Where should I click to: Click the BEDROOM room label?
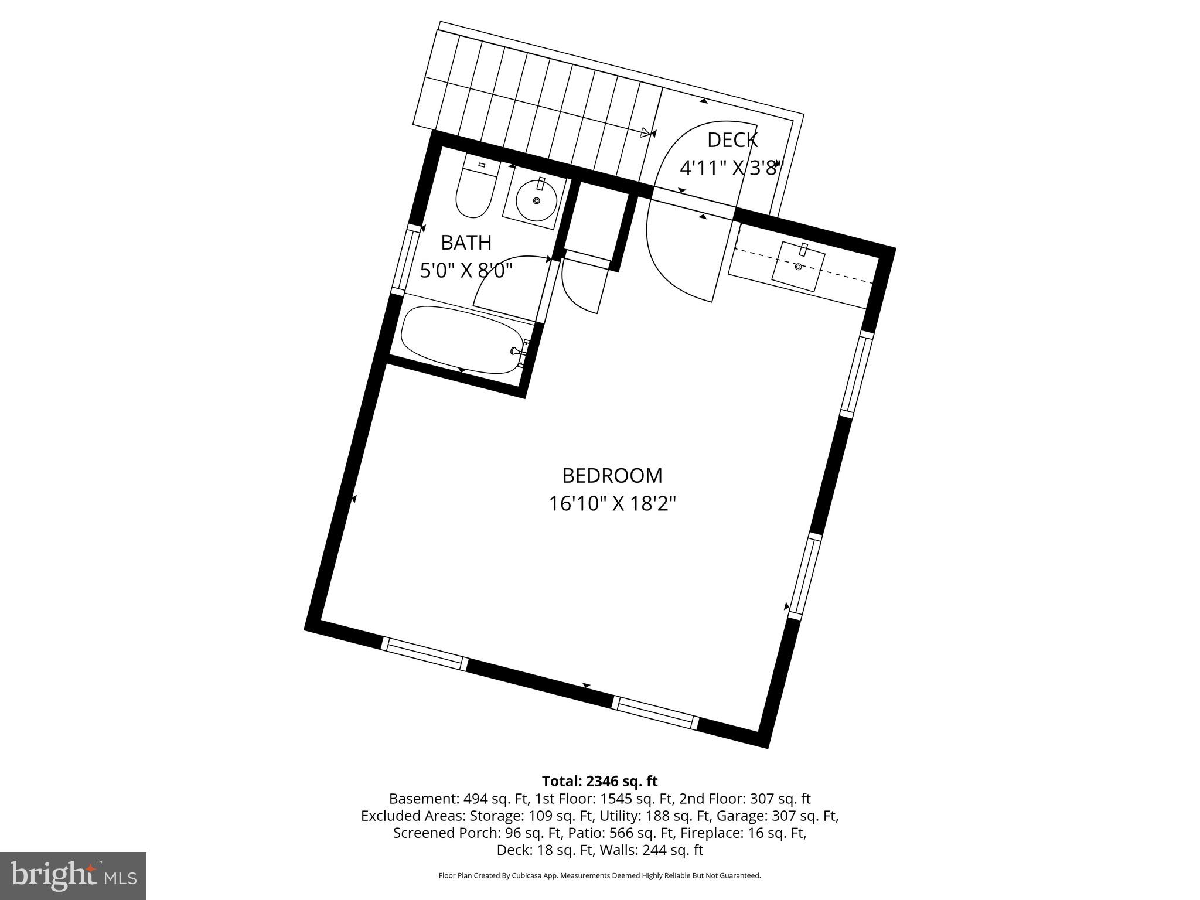(612, 476)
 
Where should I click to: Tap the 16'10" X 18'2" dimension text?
(612, 504)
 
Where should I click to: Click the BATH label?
(466, 243)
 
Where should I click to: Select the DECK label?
(732, 141)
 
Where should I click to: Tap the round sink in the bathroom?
(536, 200)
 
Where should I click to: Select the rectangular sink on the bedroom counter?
(798, 268)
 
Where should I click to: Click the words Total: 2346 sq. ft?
(599, 781)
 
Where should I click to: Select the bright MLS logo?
(73, 876)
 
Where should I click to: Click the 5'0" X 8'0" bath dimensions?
(466, 271)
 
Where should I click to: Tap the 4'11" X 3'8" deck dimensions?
(731, 169)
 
